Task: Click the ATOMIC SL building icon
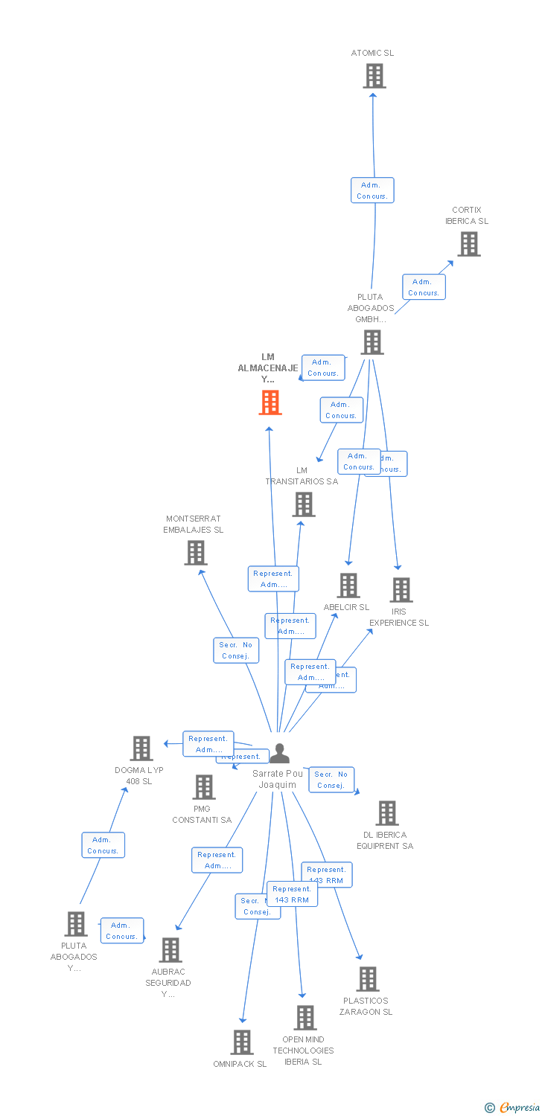pyautogui.click(x=374, y=76)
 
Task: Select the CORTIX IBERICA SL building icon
pyautogui.click(x=468, y=244)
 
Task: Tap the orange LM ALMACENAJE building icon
pyautogui.click(x=270, y=403)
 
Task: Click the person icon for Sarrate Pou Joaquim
pyautogui.click(x=279, y=754)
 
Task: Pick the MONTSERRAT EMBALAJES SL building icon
pyautogui.click(x=195, y=553)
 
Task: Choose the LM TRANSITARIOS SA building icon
pyautogui.click(x=303, y=504)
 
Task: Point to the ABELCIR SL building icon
pyautogui.click(x=348, y=586)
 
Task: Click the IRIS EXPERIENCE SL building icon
pyautogui.click(x=401, y=590)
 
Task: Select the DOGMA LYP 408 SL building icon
pyautogui.click(x=141, y=748)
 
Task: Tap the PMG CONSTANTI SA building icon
pyautogui.click(x=203, y=787)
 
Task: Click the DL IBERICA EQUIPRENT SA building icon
pyautogui.click(x=386, y=813)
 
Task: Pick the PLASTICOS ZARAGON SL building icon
pyautogui.click(x=367, y=979)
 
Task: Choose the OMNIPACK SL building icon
pyautogui.click(x=241, y=1042)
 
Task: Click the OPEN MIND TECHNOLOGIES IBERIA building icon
pyautogui.click(x=305, y=1018)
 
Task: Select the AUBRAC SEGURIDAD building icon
pyautogui.click(x=170, y=950)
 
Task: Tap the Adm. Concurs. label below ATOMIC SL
pyautogui.click(x=372, y=190)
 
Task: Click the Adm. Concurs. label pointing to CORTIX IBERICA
pyautogui.click(x=424, y=287)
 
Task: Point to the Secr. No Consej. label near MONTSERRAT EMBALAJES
pyautogui.click(x=237, y=650)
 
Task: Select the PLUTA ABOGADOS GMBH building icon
pyautogui.click(x=372, y=342)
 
